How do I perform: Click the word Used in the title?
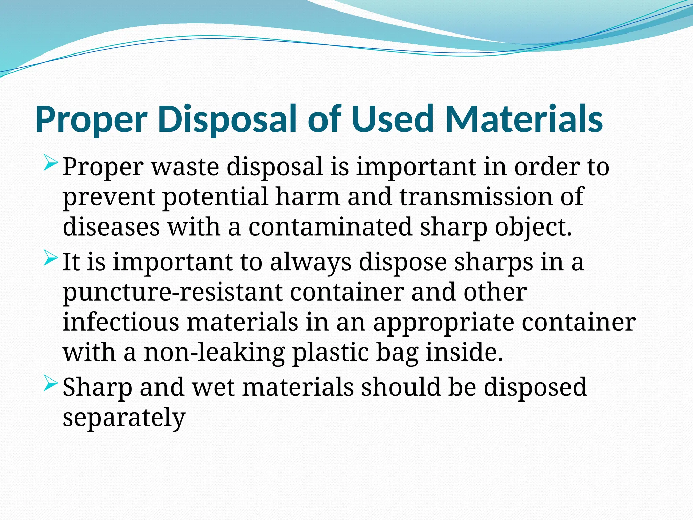tap(393, 119)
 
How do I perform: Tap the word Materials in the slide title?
tap(524, 119)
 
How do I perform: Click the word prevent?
tap(109, 197)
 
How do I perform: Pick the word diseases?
tap(111, 227)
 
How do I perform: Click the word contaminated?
tap(330, 227)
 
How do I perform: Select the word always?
tap(310, 263)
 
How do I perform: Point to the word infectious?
tap(121, 322)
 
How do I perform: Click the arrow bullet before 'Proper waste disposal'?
tap(51, 163)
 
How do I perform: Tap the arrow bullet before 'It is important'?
tap(51, 259)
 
